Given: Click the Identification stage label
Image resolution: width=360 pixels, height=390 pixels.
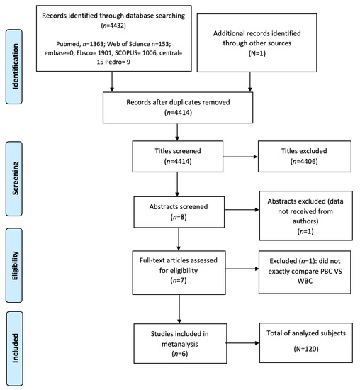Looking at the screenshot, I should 14,55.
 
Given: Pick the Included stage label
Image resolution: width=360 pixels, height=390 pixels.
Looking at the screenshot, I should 14,348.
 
